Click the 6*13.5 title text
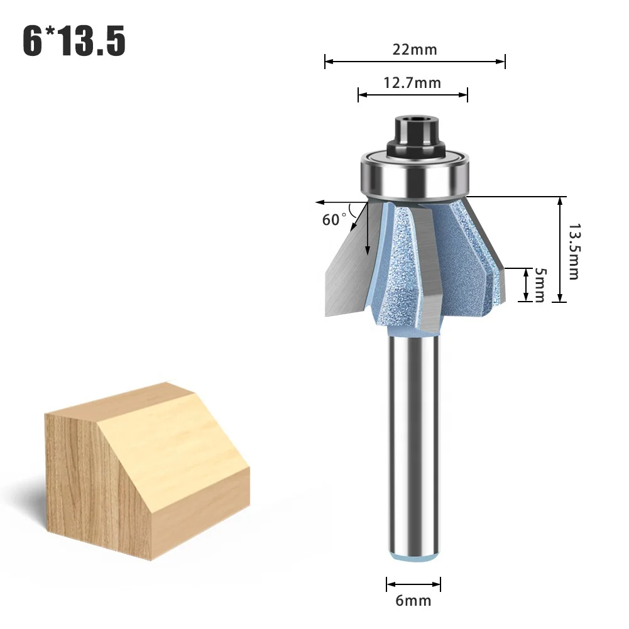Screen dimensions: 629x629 click(74, 41)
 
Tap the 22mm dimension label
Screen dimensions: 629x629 click(415, 50)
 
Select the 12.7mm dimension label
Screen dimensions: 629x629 click(412, 83)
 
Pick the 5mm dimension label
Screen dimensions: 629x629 click(539, 285)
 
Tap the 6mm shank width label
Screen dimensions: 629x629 click(414, 601)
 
